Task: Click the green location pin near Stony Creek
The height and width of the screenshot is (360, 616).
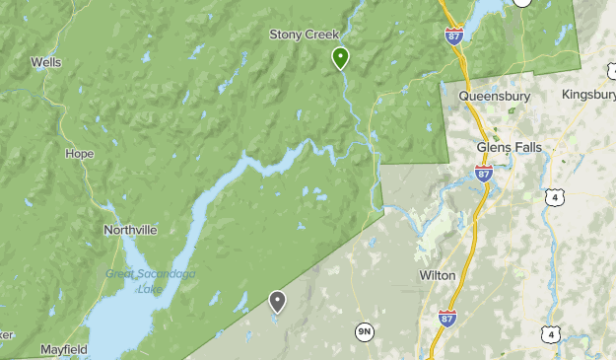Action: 340,57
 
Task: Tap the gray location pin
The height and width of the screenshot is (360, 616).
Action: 278,301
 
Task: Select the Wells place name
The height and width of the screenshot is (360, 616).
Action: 46,62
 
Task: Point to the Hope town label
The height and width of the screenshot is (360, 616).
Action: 79,154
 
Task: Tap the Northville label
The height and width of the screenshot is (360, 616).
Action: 130,230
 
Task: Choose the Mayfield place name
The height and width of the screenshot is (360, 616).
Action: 64,349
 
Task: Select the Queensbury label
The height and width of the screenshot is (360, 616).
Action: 495,97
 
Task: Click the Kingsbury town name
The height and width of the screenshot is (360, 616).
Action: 588,95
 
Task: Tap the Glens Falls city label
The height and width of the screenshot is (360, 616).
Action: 510,147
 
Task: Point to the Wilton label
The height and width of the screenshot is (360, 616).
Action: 437,275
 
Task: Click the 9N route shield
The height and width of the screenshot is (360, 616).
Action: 365,331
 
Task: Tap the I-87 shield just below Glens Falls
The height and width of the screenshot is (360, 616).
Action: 483,174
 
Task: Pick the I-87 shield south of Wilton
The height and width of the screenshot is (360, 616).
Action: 447,318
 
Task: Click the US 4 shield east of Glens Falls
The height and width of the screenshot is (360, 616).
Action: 557,199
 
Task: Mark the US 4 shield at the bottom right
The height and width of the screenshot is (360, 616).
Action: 551,335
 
